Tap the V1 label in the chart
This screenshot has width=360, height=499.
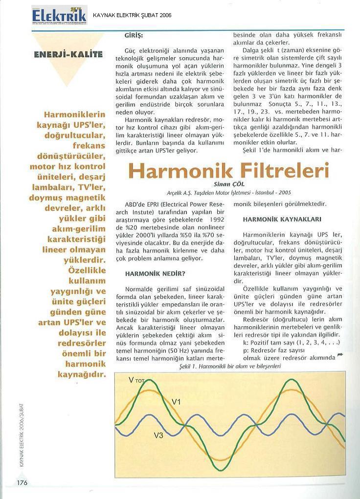(177, 402)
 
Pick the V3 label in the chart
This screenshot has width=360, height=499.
(159, 435)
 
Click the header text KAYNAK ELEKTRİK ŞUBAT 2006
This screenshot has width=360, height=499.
(132, 16)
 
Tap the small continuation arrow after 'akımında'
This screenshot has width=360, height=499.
(340, 356)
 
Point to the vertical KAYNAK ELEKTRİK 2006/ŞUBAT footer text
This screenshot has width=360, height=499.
(22, 435)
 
